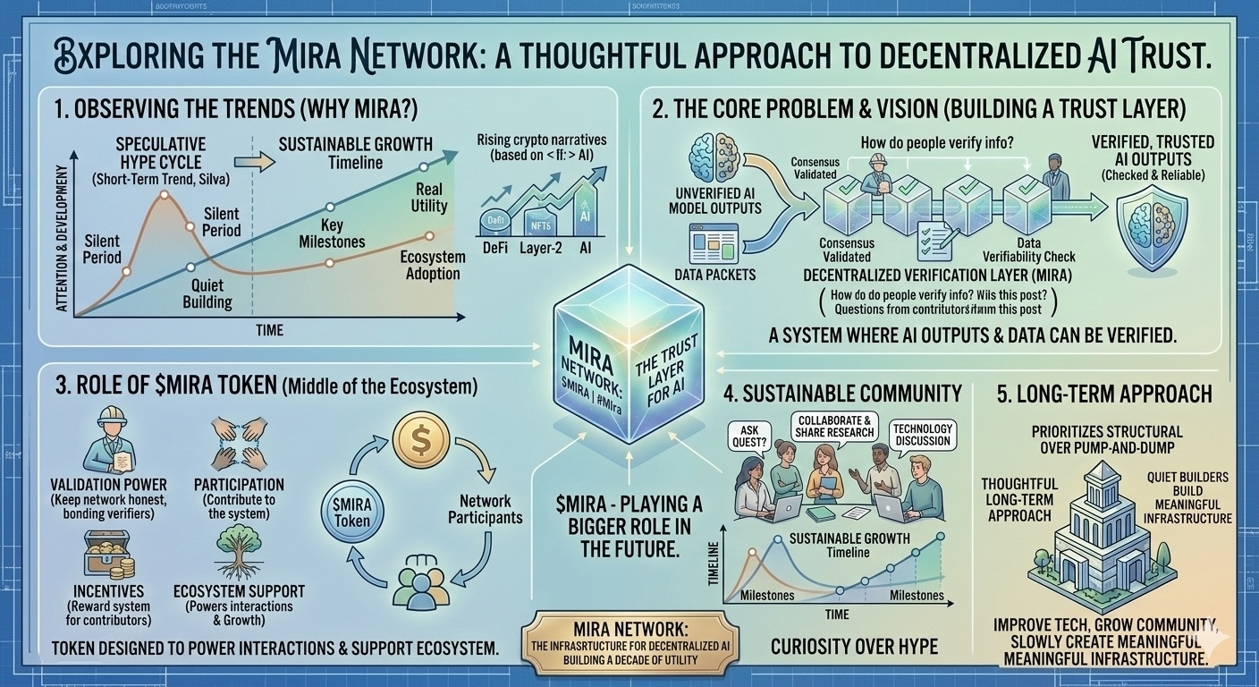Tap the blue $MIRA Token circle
pyautogui.click(x=352, y=507)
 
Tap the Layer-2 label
pyautogui.click(x=540, y=248)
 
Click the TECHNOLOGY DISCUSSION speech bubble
pyautogui.click(x=923, y=436)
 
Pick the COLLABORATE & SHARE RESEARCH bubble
pyautogui.click(x=835, y=426)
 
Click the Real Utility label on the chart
pyautogui.click(x=429, y=198)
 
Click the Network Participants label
pyautogui.click(x=485, y=509)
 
